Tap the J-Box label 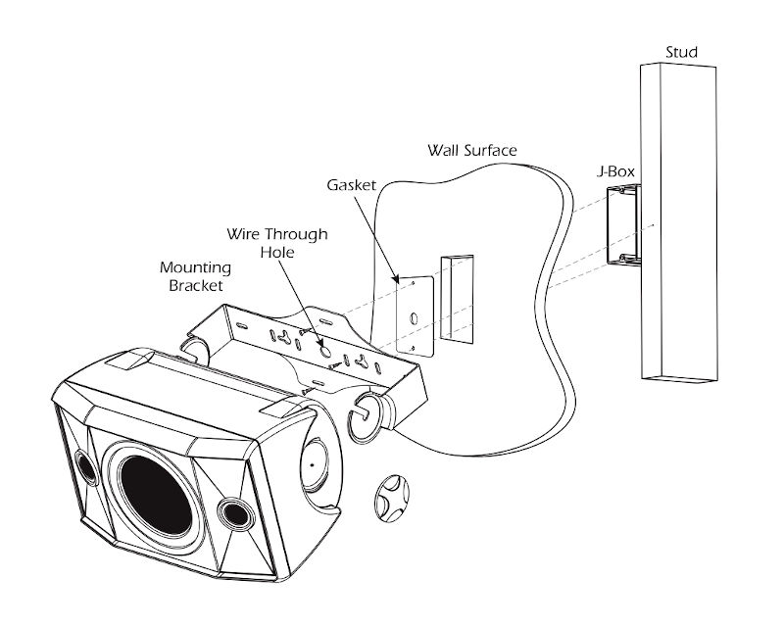point(616,171)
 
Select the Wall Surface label point(472,150)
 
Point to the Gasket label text point(350,184)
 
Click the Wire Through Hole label point(277,242)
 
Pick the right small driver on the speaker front point(234,511)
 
